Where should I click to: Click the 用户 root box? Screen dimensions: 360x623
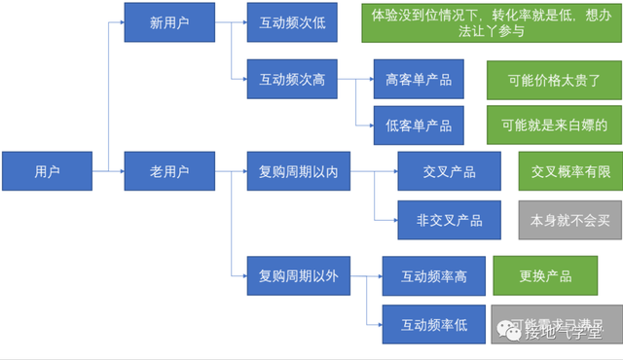point(47,171)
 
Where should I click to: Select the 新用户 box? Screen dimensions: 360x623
point(169,23)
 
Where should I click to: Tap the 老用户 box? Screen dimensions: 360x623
point(169,171)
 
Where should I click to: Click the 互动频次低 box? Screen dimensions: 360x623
point(292,23)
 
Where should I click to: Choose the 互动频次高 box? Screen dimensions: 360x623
point(292,79)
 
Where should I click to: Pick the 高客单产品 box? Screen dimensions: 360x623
point(419,79)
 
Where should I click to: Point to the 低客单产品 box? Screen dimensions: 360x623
point(419,126)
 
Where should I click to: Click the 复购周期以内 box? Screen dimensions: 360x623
point(298,171)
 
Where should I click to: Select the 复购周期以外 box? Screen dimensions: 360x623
point(298,276)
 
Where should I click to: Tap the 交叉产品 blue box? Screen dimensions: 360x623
point(449,171)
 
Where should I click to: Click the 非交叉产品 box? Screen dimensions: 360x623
point(449,219)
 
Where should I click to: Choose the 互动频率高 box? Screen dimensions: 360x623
point(434,276)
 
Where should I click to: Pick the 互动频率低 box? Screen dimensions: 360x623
point(434,324)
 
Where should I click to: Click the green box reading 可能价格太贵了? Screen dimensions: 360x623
point(547,79)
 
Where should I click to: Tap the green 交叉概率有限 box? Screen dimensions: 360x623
point(569,171)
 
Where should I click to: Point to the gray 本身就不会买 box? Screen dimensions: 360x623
point(569,219)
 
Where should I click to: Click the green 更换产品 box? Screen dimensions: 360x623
point(544,276)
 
